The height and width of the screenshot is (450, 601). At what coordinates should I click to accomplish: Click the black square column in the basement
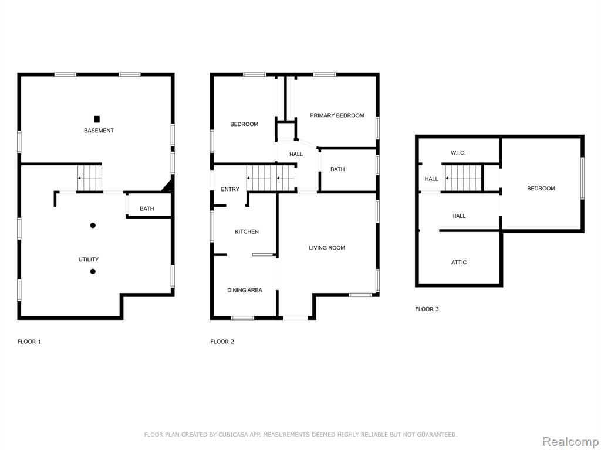97,119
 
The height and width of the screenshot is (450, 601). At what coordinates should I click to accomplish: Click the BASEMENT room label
99,131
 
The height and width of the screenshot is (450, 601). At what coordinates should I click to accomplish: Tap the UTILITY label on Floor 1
89,260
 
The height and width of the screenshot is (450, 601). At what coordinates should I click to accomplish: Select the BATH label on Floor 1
147,209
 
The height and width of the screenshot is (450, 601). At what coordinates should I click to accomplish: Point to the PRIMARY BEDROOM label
337,115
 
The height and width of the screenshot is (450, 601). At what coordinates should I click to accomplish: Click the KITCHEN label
247,231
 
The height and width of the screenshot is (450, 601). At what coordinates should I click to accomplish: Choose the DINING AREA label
245,290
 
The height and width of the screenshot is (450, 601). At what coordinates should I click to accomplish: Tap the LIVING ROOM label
327,248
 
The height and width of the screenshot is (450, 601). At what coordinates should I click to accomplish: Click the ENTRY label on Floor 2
230,189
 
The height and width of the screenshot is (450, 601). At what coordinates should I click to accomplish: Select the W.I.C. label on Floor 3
458,153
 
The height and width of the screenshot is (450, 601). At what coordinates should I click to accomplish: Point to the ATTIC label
459,262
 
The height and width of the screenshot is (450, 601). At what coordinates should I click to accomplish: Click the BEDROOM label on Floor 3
541,188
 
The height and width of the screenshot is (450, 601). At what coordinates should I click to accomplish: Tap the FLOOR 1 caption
29,342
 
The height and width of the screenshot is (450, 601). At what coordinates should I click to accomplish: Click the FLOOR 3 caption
427,309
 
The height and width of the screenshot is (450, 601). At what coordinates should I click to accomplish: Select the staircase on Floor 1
90,178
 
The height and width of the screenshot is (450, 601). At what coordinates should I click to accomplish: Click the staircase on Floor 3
463,178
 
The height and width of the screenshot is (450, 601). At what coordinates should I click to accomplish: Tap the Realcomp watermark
570,442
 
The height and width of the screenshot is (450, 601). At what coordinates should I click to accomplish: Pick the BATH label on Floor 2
337,169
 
